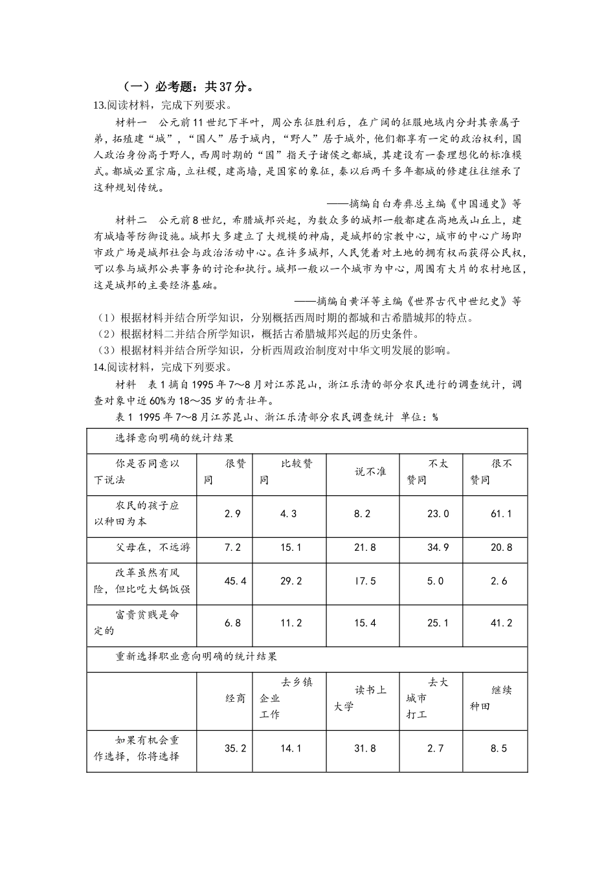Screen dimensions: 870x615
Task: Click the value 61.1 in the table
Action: [x=501, y=514]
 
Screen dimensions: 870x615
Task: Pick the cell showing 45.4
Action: [x=235, y=581]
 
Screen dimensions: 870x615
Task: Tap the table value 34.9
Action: [x=438, y=548]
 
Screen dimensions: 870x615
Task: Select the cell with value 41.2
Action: [x=501, y=623]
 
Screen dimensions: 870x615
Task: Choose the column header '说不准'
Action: [x=370, y=472]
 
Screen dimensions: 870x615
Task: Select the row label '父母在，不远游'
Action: [x=153, y=548]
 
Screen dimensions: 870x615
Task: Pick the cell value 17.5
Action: [x=365, y=581]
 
